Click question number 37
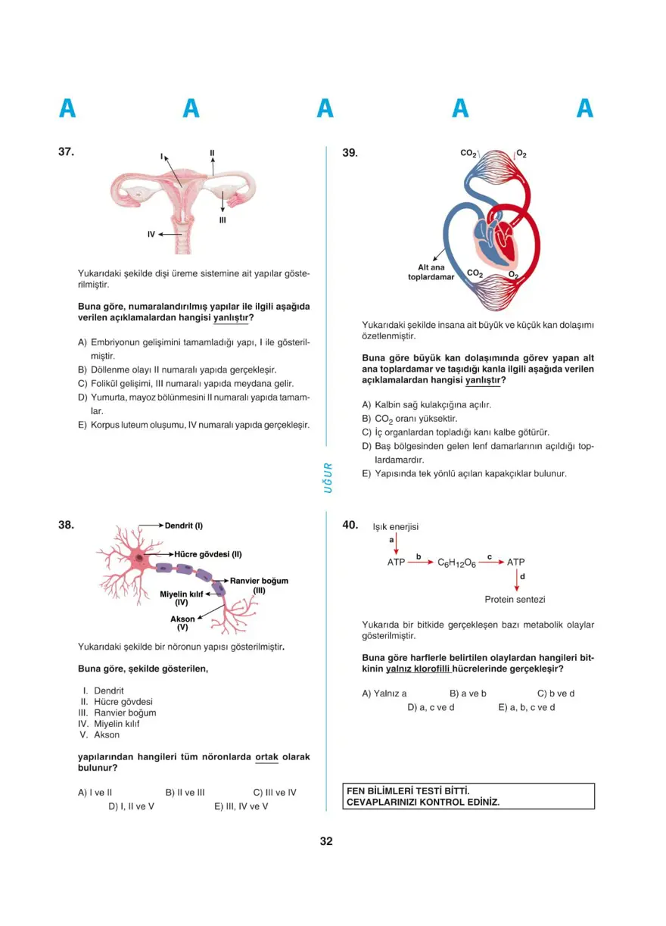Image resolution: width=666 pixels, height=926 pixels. [x=66, y=151]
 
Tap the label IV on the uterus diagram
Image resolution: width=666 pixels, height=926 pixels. [x=151, y=235]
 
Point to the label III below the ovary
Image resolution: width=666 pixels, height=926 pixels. [x=223, y=220]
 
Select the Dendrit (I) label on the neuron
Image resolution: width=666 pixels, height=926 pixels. [x=184, y=525]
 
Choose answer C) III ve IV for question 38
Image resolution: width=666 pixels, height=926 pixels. [x=275, y=793]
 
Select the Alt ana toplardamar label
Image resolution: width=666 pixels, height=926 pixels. [x=431, y=272]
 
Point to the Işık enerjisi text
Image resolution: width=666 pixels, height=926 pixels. [x=396, y=527]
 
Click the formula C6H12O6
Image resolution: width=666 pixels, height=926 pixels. [x=456, y=563]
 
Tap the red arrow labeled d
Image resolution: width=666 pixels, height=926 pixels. [x=516, y=580]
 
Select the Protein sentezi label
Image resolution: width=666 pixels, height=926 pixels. [x=515, y=600]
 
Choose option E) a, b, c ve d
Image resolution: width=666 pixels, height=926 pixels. [x=526, y=707]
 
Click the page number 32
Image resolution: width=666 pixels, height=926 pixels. [x=326, y=841]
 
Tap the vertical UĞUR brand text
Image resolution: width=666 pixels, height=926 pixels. [x=328, y=477]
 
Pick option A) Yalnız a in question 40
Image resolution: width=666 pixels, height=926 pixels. [x=384, y=694]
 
